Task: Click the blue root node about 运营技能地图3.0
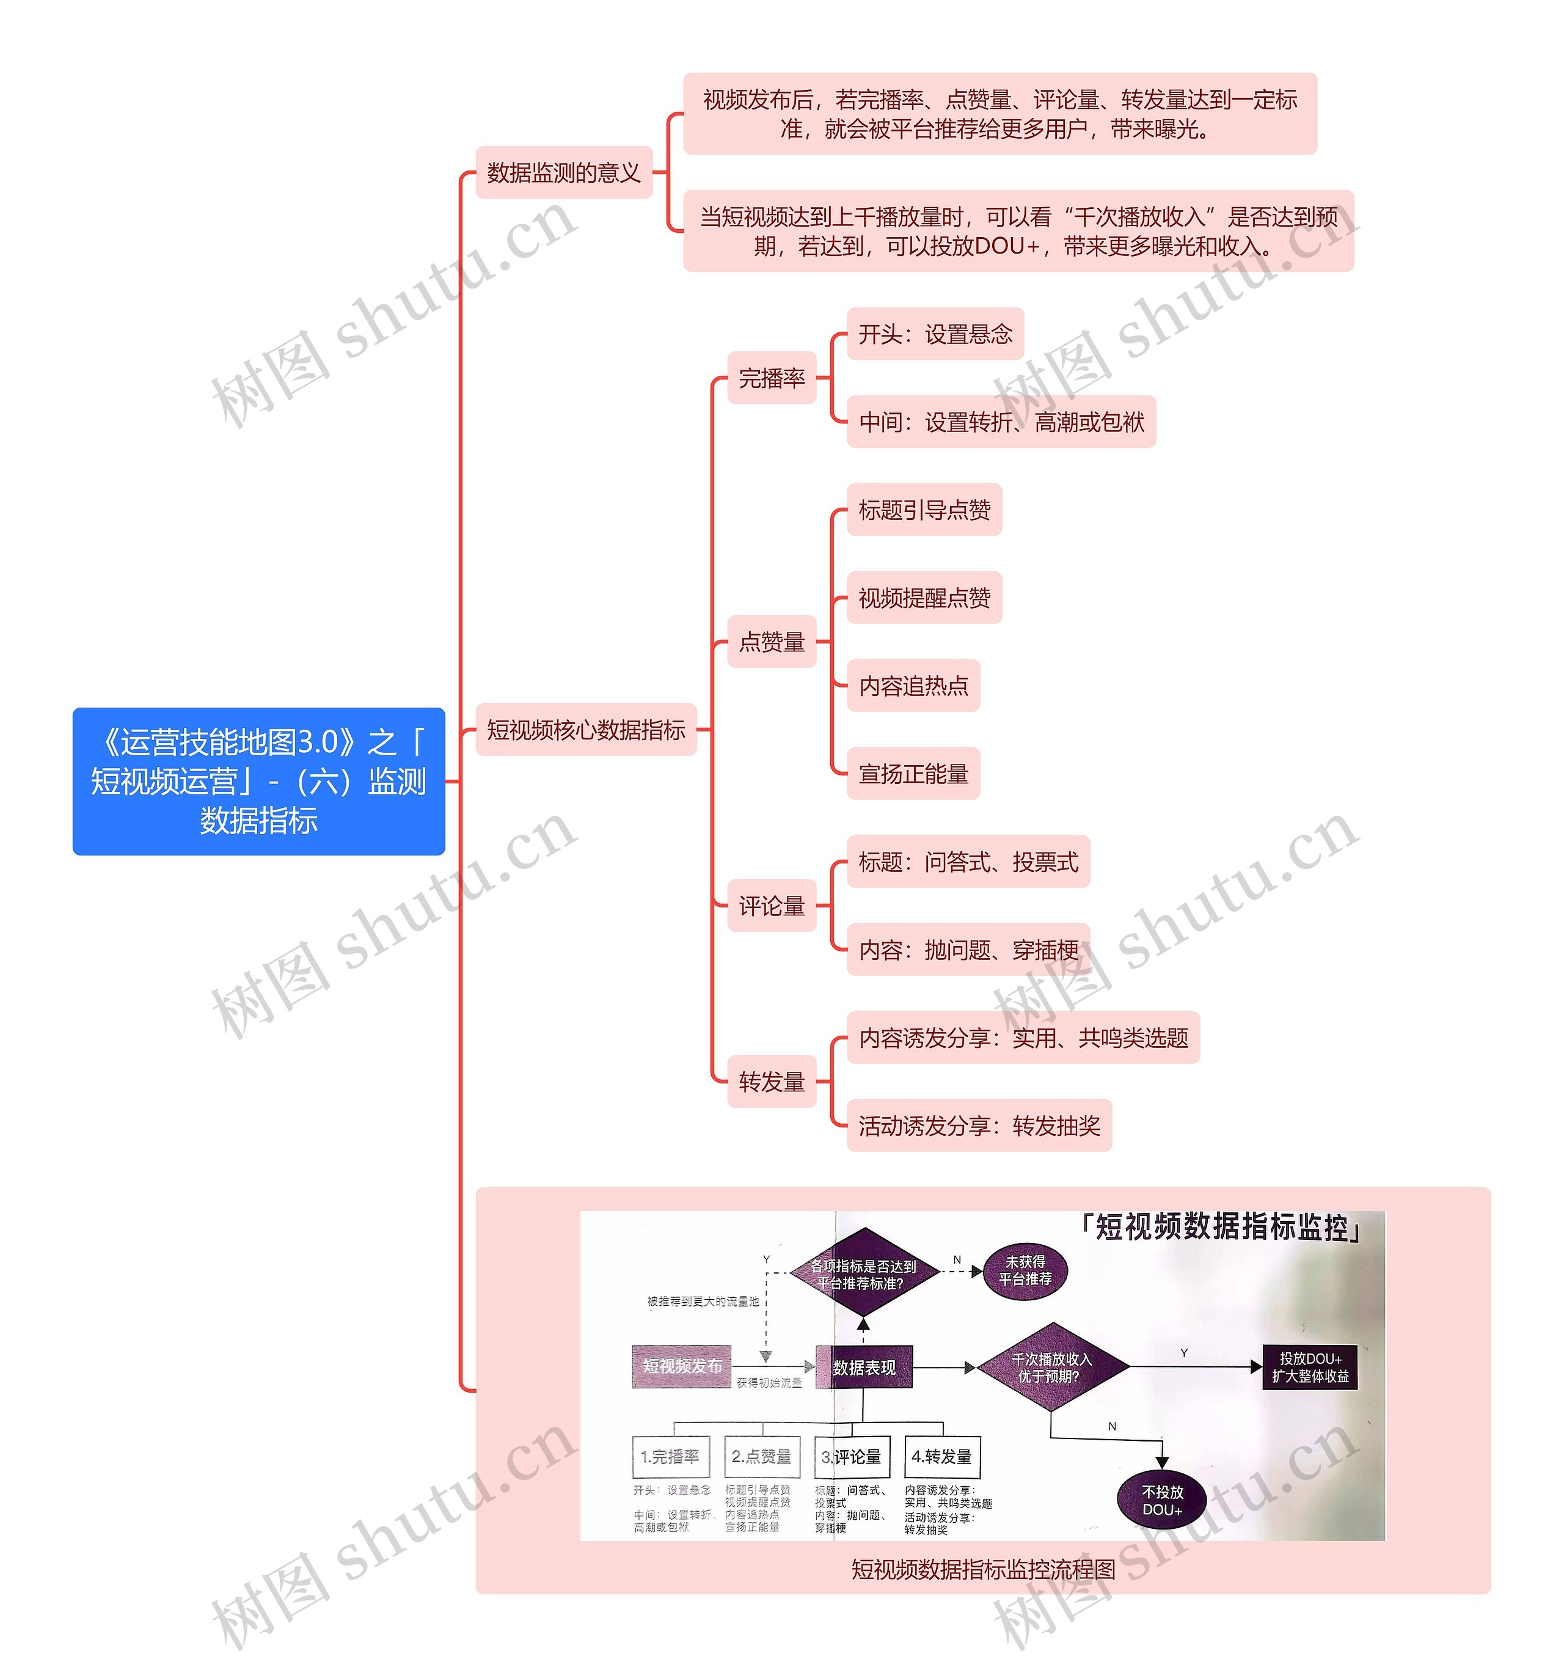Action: (258, 781)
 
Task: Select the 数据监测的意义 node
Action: (563, 173)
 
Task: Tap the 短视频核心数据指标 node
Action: (586, 730)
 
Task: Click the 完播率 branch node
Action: (771, 378)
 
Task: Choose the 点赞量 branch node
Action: (771, 642)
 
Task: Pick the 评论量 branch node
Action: (771, 906)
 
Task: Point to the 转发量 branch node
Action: (771, 1082)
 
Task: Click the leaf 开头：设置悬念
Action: (935, 335)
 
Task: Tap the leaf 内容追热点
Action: (913, 686)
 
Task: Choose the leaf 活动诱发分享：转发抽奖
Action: (979, 1126)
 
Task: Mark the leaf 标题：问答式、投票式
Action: (968, 862)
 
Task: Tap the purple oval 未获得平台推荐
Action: (1026, 1270)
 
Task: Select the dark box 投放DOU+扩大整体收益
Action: (1310, 1368)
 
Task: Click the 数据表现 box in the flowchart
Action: (864, 1368)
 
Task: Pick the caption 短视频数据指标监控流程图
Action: (982, 1569)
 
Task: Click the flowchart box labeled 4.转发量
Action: (941, 1457)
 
